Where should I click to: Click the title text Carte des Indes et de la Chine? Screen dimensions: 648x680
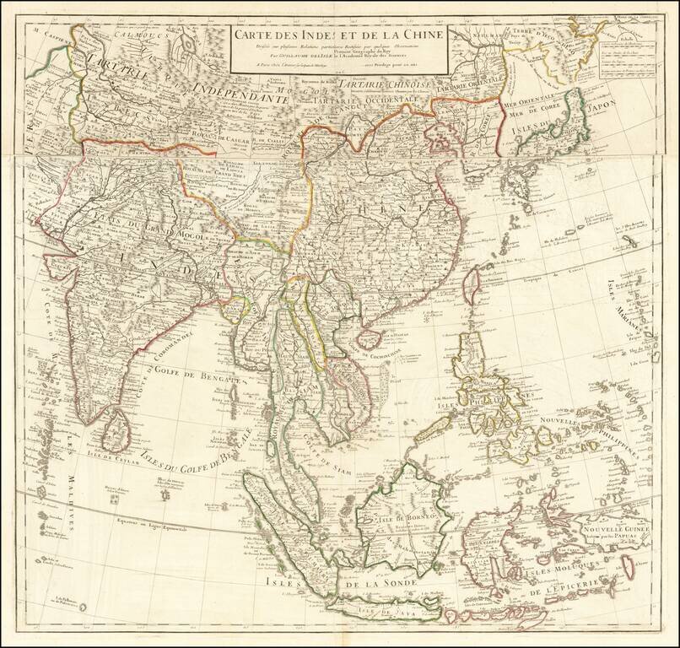pyautogui.click(x=337, y=35)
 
